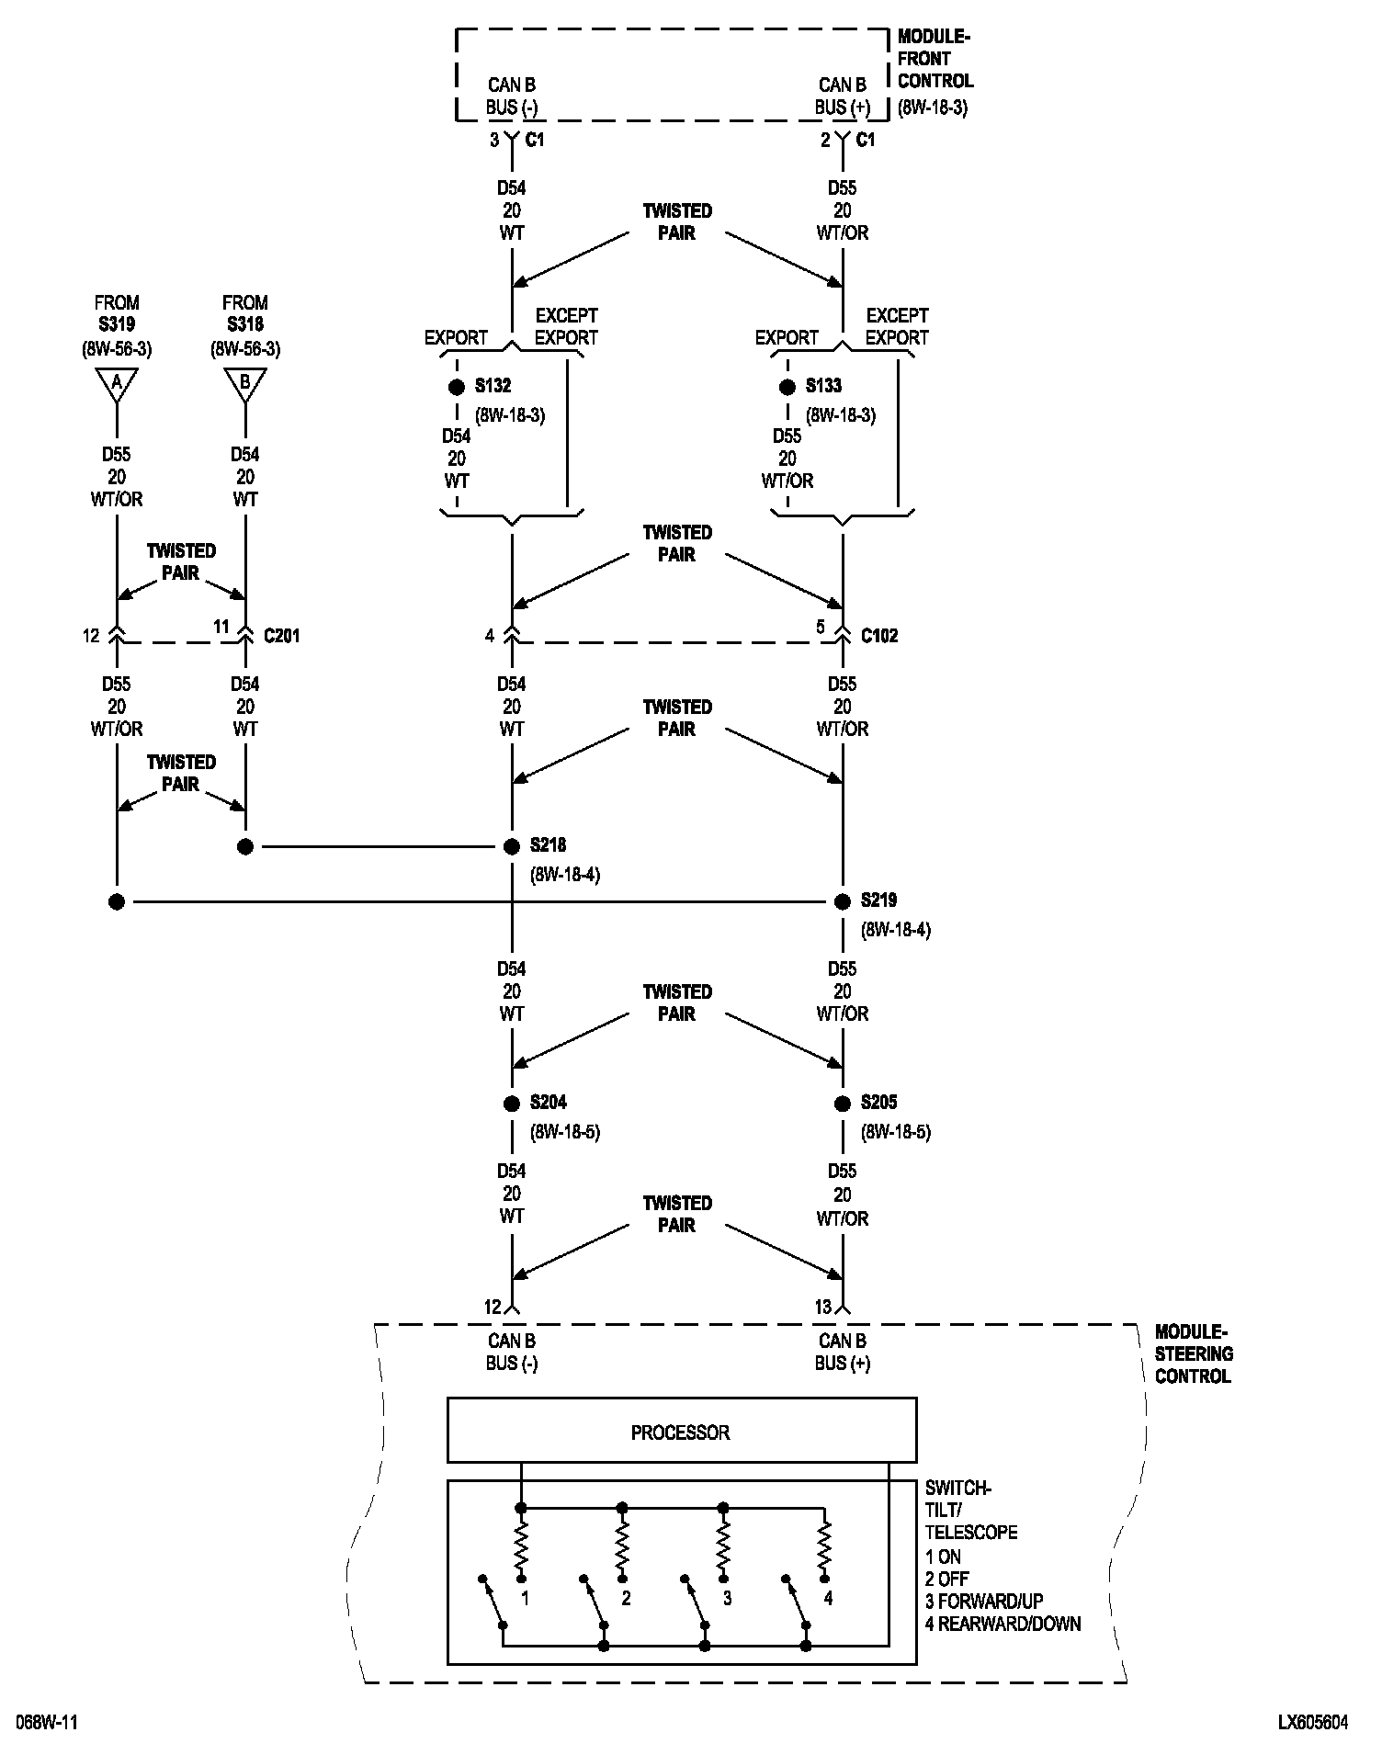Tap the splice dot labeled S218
click(512, 846)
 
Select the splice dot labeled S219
click(842, 901)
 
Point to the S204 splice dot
click(512, 1104)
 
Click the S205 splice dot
click(842, 1104)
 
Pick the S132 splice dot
click(457, 387)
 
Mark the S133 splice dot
click(787, 387)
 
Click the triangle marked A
click(117, 383)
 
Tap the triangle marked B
click(244, 383)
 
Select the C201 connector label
click(281, 636)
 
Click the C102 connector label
click(879, 636)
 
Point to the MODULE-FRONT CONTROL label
click(935, 71)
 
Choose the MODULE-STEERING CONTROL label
click(1193, 1353)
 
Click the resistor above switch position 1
click(521, 1549)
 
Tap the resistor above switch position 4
click(824, 1549)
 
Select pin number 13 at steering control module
click(822, 1307)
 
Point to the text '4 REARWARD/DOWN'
click(1003, 1624)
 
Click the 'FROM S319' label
click(117, 313)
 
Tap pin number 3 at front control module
click(493, 140)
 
